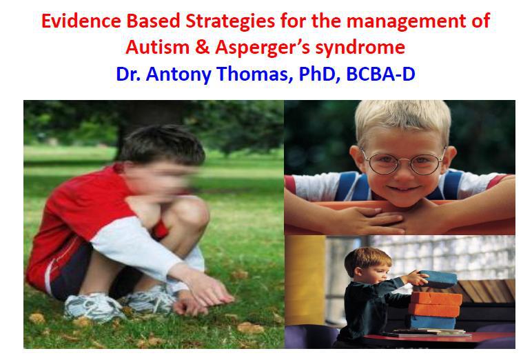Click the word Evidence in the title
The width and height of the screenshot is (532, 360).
pos(81,21)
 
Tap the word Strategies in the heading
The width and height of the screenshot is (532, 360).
pos(230,22)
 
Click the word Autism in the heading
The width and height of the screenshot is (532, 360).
pos(157,47)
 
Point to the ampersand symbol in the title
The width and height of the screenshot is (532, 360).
pos(202,48)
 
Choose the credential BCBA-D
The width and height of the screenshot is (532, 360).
pos(380,74)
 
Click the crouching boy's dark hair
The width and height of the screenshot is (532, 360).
pos(163,144)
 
